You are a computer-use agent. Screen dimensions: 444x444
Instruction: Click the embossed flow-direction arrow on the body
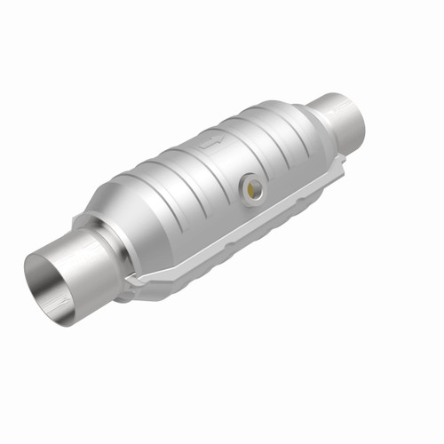coord(210,141)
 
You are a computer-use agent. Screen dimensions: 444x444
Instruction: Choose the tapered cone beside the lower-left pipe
coord(124,213)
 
